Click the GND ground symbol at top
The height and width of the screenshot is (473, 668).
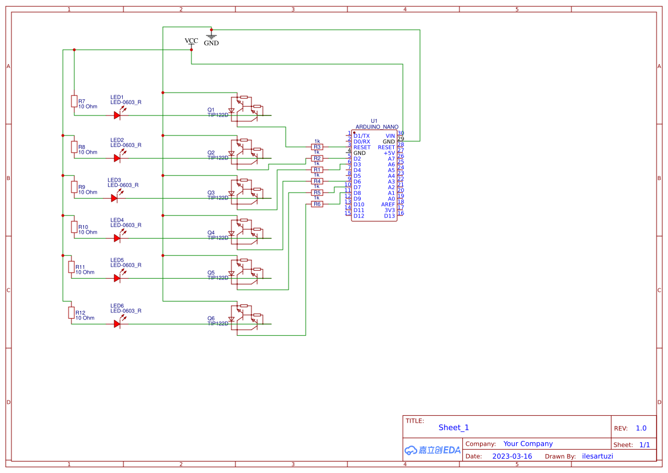click(211, 36)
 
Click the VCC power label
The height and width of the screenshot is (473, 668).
click(191, 41)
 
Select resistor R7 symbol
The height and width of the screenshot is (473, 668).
click(74, 101)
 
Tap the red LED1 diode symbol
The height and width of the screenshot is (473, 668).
click(117, 115)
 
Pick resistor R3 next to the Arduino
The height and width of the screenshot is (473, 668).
click(317, 147)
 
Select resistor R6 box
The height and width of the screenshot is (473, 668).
click(317, 204)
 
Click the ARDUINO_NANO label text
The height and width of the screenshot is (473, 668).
click(377, 127)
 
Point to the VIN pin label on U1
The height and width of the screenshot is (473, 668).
click(390, 136)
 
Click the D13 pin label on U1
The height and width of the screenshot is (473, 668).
click(389, 216)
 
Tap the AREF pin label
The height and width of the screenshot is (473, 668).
click(388, 205)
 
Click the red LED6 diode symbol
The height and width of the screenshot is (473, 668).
click(117, 323)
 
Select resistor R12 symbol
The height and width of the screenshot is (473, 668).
click(71, 312)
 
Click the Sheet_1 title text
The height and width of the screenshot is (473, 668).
click(454, 427)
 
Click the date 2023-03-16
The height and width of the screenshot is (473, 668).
click(512, 456)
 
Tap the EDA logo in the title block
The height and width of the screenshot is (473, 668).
click(433, 450)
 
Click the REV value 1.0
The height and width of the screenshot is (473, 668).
click(641, 428)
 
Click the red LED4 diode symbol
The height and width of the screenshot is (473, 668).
click(117, 238)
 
